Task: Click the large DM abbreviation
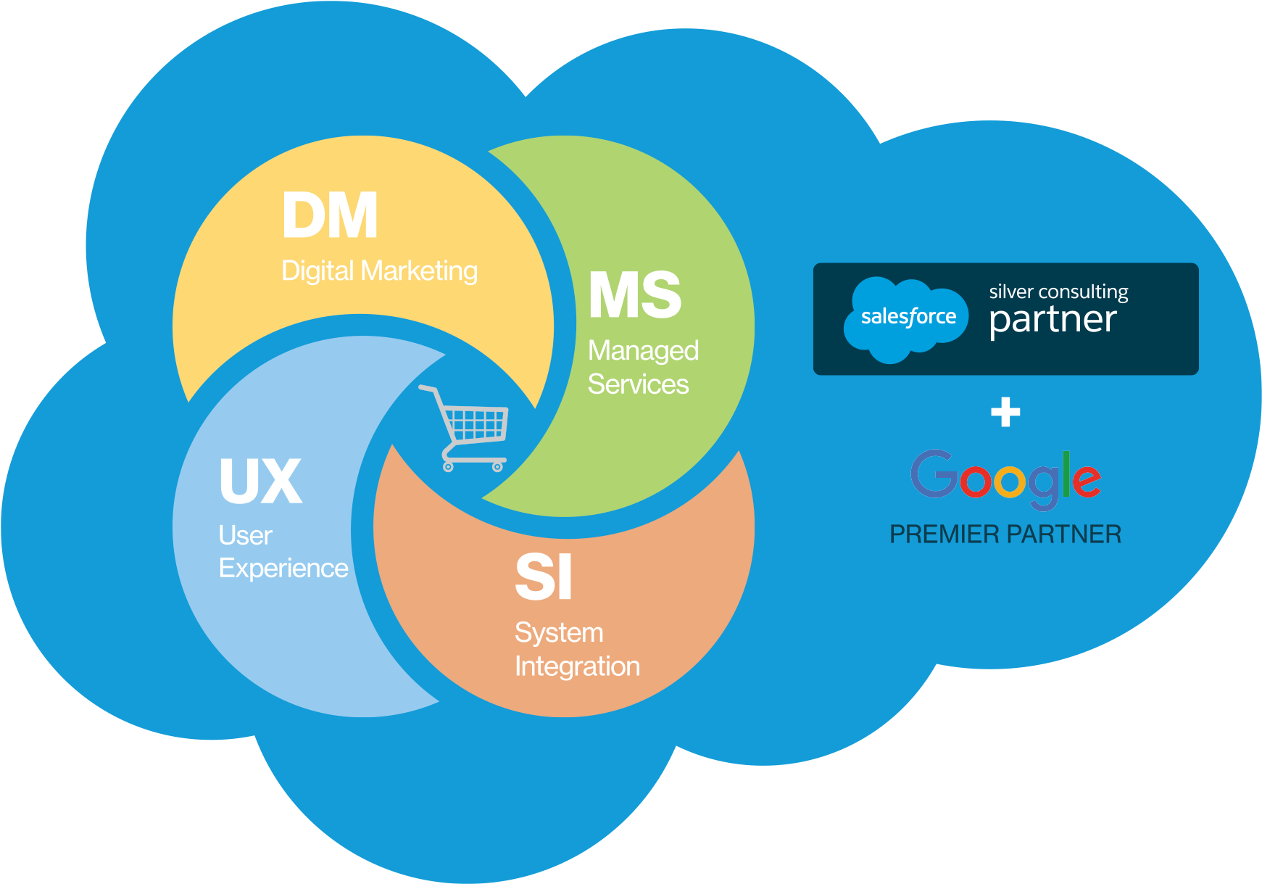coord(330,215)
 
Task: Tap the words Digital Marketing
coord(379,271)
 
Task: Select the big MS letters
coord(634,295)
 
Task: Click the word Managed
coord(643,351)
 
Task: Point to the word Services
coord(638,384)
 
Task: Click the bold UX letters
coord(260,482)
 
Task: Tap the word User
coord(245,536)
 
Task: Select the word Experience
coord(283,569)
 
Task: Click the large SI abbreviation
coord(543,577)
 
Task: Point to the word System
coord(559,633)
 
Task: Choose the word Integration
coord(577,666)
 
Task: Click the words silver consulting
coord(1058,292)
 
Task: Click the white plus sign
coord(1005,412)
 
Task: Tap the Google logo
coord(1005,479)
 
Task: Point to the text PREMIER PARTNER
coord(1005,534)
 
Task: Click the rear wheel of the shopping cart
coord(448,467)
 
